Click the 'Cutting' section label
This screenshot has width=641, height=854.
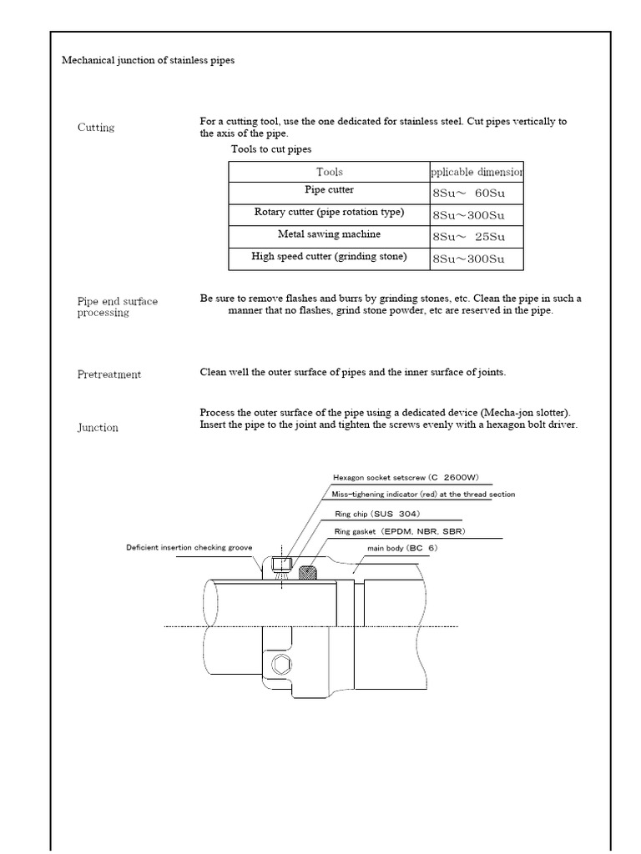(x=96, y=128)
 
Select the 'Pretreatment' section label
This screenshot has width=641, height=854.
(x=109, y=374)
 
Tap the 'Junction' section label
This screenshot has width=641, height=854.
(x=98, y=428)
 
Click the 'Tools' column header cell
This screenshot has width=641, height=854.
(x=329, y=172)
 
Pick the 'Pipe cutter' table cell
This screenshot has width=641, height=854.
(x=329, y=191)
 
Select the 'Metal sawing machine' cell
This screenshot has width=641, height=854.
(x=329, y=235)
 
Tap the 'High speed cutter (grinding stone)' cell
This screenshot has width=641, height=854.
(x=329, y=258)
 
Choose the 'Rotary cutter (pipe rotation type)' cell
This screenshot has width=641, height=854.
(x=329, y=213)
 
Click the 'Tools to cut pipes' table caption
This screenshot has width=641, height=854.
(x=271, y=149)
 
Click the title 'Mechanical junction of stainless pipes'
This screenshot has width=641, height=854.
(x=149, y=61)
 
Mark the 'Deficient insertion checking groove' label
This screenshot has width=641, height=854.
(x=189, y=548)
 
